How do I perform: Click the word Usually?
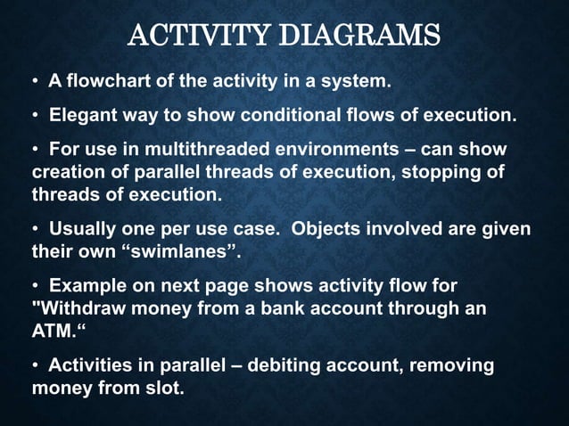coord(85,229)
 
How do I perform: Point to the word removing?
coord(452,366)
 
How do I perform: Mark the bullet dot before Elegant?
coord(37,116)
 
